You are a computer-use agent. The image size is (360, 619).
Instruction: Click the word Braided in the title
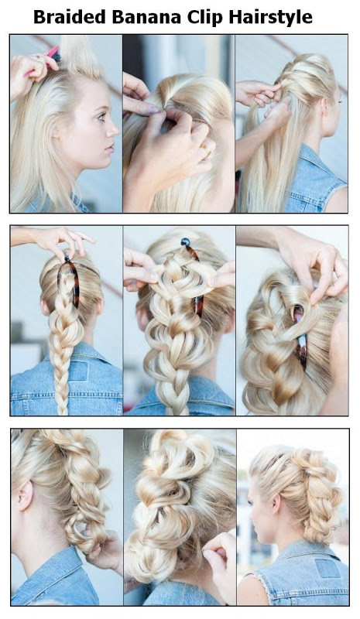click(70, 17)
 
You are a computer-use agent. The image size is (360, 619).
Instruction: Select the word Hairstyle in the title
click(271, 18)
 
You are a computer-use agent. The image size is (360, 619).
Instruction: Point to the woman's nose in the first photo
click(115, 129)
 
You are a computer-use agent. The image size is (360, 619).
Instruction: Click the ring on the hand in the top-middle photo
click(207, 149)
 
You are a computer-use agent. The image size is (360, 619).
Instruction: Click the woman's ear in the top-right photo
click(325, 107)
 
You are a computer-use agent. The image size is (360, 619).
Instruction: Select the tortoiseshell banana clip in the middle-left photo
click(71, 281)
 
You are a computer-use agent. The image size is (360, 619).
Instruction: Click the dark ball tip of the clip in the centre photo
click(185, 241)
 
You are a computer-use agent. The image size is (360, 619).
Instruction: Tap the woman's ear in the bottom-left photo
click(24, 496)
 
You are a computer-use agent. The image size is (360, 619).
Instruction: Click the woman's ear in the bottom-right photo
click(276, 504)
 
